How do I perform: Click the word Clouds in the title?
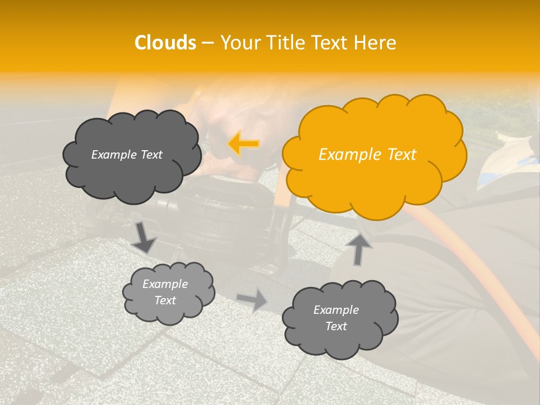165,43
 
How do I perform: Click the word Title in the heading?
286,43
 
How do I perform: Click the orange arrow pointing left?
244,144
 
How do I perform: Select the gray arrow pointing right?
253,300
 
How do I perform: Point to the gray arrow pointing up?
358,248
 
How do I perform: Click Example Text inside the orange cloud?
367,155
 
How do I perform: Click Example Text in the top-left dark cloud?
127,155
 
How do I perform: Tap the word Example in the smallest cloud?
165,284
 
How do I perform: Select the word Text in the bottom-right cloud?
336,326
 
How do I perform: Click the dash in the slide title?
208,43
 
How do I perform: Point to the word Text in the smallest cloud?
165,300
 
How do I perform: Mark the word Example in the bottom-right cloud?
336,310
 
